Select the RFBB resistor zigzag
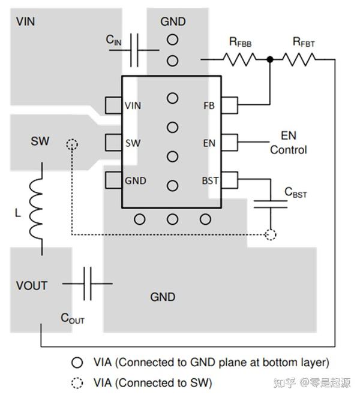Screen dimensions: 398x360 240,59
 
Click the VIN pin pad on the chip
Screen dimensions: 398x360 113,105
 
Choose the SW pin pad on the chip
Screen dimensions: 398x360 113,143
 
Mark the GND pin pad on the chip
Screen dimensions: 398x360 113,179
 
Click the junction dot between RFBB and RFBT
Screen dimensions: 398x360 271,59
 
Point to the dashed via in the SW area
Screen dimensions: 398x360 72,144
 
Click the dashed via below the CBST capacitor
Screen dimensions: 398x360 270,234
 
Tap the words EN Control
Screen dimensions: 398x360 288,143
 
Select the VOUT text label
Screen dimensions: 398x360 32,285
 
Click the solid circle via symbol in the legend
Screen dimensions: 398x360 77,362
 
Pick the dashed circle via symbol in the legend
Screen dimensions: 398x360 77,382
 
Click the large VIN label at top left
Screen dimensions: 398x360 26,22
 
